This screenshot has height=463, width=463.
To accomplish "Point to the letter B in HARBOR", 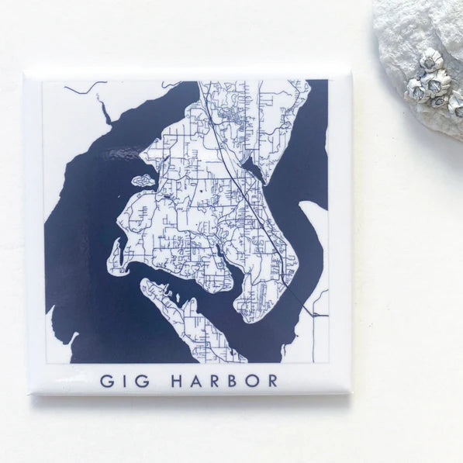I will coord(235,381).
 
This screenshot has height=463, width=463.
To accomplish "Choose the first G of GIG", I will coord(106,381).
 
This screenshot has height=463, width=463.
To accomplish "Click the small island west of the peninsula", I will coord(143,181).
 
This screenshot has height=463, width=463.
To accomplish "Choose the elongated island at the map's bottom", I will coord(190,318).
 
